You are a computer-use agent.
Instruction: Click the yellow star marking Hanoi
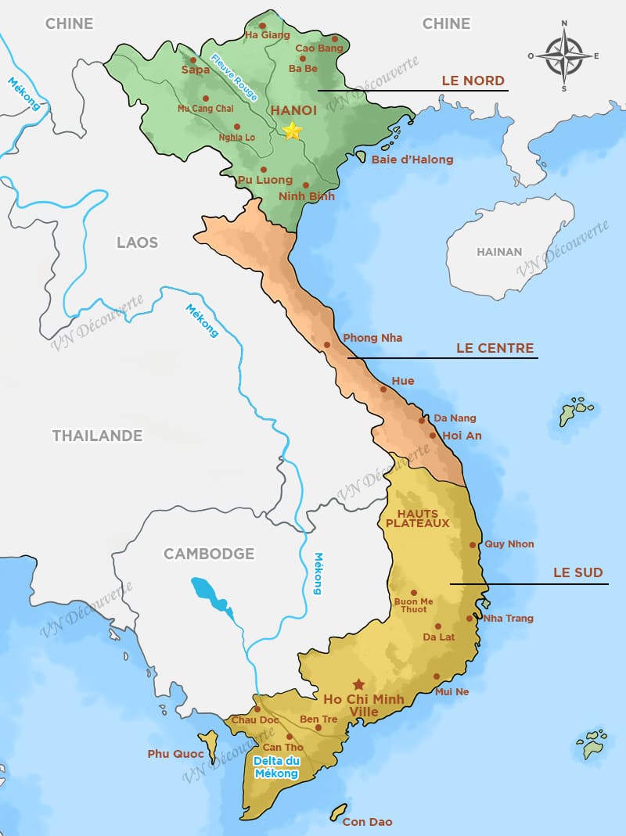click(292, 131)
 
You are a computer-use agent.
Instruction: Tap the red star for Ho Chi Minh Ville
click(358, 684)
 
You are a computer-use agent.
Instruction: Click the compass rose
click(563, 56)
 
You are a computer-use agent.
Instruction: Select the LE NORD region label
click(473, 81)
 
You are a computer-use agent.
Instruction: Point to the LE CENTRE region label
click(495, 348)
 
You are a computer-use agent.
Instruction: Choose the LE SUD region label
click(577, 572)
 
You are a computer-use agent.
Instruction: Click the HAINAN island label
click(499, 252)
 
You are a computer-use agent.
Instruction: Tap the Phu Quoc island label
click(175, 754)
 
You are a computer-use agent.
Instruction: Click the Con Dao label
click(367, 821)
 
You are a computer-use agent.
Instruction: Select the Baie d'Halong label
click(412, 160)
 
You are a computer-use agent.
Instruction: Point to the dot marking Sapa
click(192, 59)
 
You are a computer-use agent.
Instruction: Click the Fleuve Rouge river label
click(235, 77)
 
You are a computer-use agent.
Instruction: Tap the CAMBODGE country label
click(209, 554)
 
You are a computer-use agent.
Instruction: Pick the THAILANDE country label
click(97, 436)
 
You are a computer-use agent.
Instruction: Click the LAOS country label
click(137, 242)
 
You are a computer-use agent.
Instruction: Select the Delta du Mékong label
click(276, 767)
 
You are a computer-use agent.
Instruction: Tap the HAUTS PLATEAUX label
click(417, 518)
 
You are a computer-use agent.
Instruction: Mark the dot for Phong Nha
click(327, 344)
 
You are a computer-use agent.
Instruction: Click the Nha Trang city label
click(508, 618)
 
